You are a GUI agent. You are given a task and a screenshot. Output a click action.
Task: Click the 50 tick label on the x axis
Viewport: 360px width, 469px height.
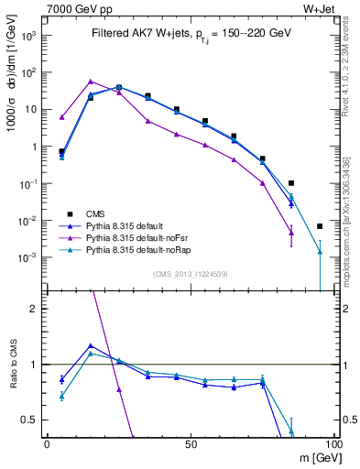[190, 443]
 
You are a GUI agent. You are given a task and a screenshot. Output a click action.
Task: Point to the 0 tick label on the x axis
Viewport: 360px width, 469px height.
[47, 443]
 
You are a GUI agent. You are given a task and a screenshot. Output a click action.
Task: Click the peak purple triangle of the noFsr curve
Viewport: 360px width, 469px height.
[90, 82]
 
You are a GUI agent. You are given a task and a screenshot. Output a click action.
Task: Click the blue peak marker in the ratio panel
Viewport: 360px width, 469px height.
[90, 345]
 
